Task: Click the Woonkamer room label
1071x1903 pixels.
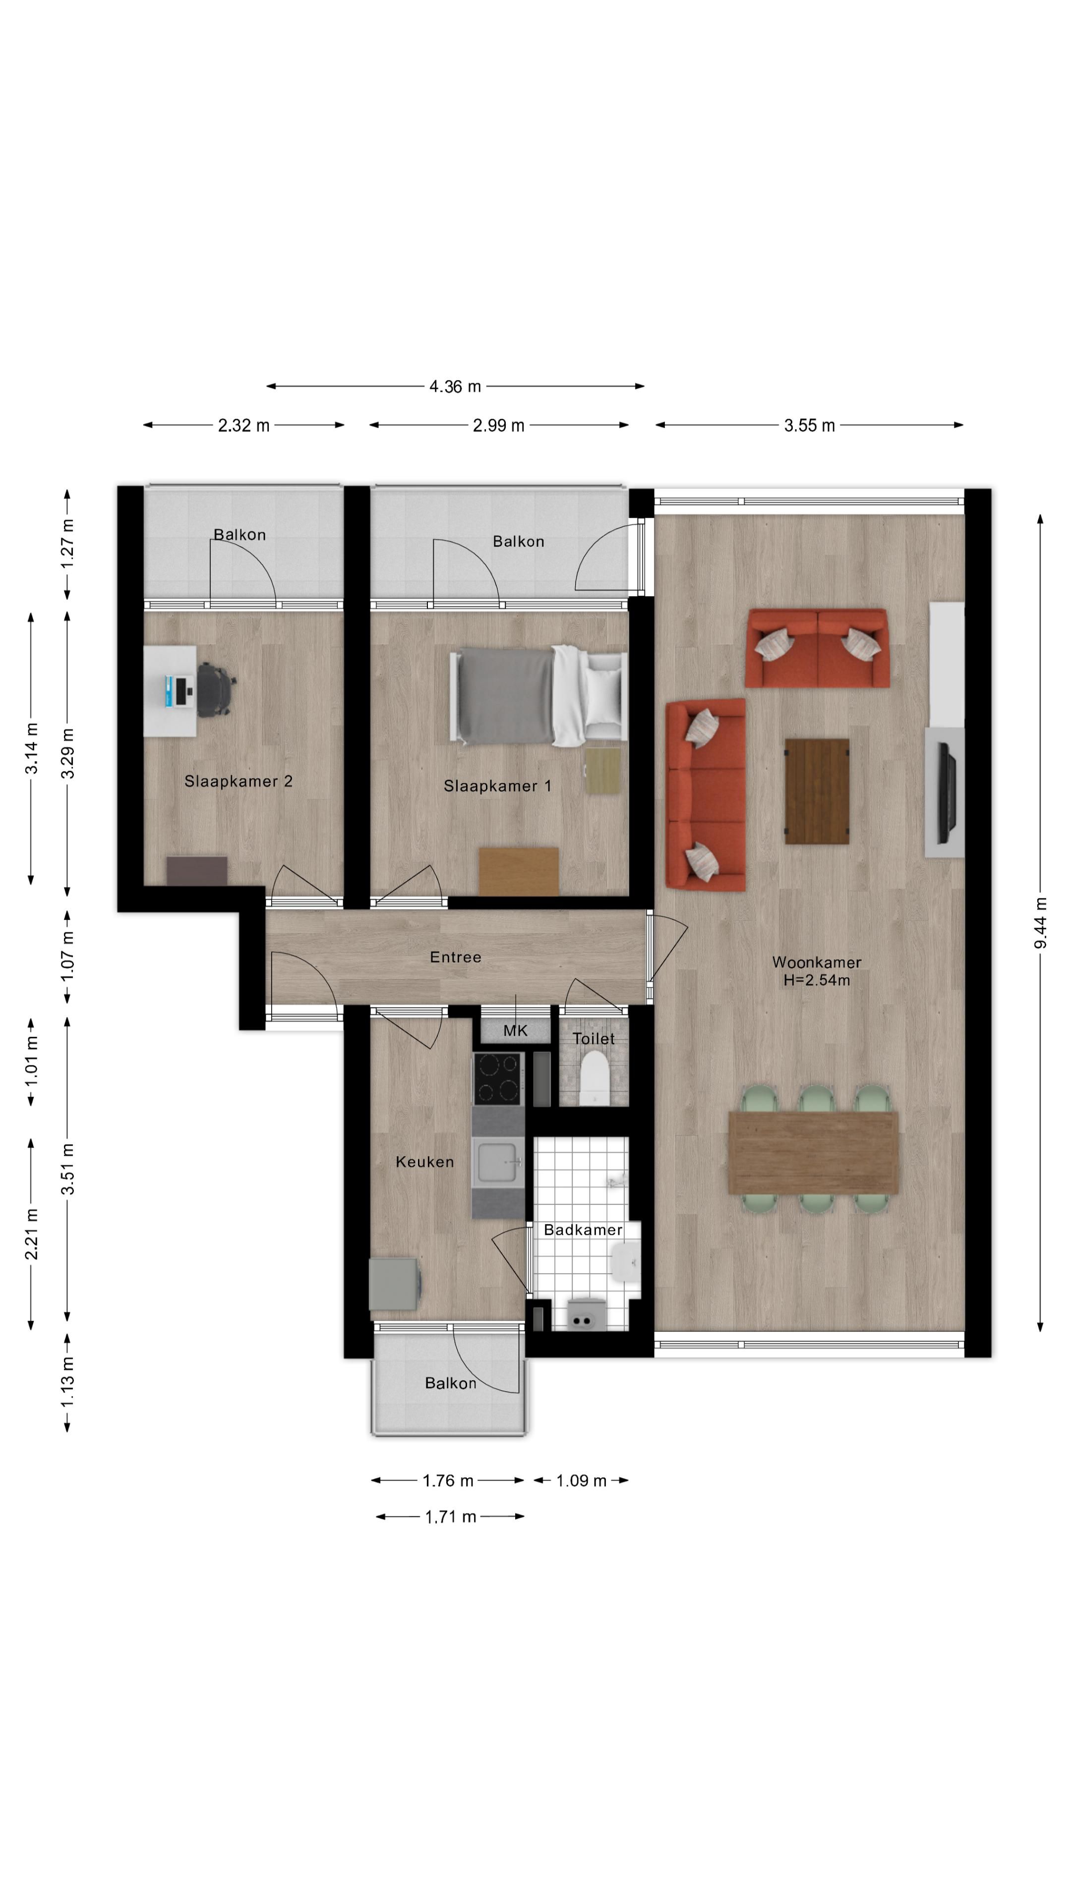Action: (x=816, y=962)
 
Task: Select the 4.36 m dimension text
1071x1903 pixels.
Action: (x=455, y=387)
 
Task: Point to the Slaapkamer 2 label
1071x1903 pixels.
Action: (x=238, y=781)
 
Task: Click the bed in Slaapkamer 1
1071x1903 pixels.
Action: (x=538, y=696)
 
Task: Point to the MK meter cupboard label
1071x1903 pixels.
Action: (x=515, y=1031)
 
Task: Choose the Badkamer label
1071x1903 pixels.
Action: (x=583, y=1229)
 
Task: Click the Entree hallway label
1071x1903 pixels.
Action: (x=455, y=956)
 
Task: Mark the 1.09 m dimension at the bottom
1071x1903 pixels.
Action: (x=581, y=1480)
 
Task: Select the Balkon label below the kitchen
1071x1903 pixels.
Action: (x=450, y=1383)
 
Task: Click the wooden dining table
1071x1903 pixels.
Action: (x=813, y=1152)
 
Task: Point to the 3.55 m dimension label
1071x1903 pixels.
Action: (x=809, y=426)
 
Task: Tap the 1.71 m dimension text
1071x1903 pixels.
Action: (x=450, y=1516)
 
